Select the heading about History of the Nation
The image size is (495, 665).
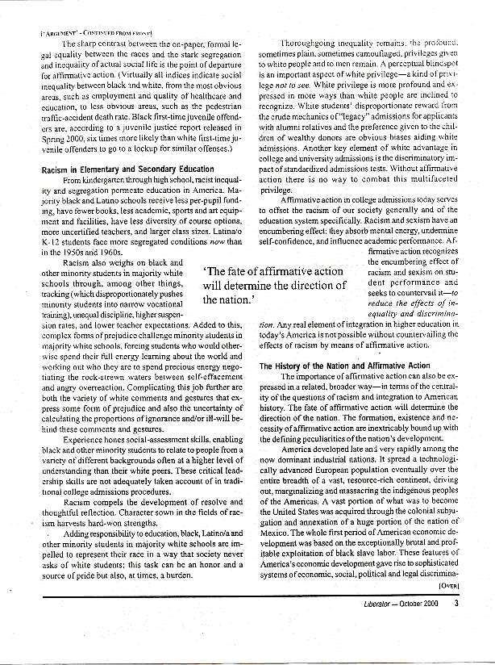[x=343, y=366]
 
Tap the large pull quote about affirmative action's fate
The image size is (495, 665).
[x=273, y=285]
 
